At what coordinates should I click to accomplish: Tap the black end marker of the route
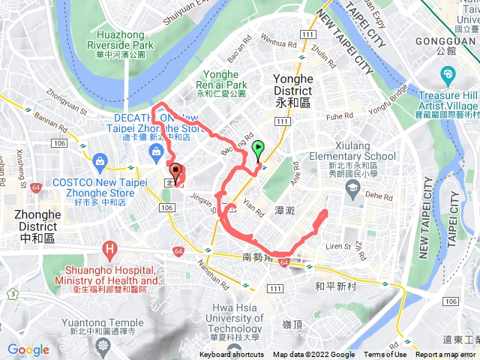(175, 171)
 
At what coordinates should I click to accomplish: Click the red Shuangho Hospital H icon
(111, 247)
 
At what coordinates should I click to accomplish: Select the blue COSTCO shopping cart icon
(99, 158)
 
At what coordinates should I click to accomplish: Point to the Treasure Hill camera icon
(448, 74)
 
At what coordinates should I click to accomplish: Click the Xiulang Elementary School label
(352, 162)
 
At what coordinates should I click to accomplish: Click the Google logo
(28, 349)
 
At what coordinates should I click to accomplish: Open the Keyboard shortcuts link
(232, 355)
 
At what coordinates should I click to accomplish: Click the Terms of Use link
(385, 355)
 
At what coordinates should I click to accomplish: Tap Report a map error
(445, 355)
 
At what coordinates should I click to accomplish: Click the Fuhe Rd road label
(338, 116)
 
